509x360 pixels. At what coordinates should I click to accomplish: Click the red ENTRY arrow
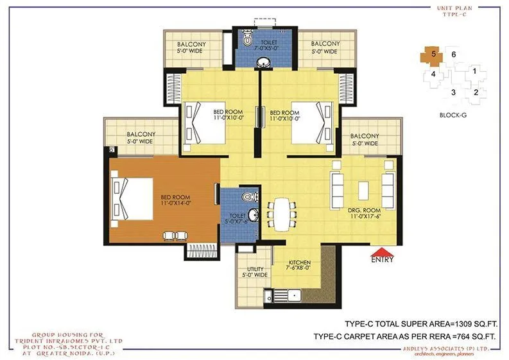(381, 252)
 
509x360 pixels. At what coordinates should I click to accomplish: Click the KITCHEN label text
(299, 262)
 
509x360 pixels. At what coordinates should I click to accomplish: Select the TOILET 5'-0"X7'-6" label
(234, 218)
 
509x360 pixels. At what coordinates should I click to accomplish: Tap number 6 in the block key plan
(453, 55)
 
